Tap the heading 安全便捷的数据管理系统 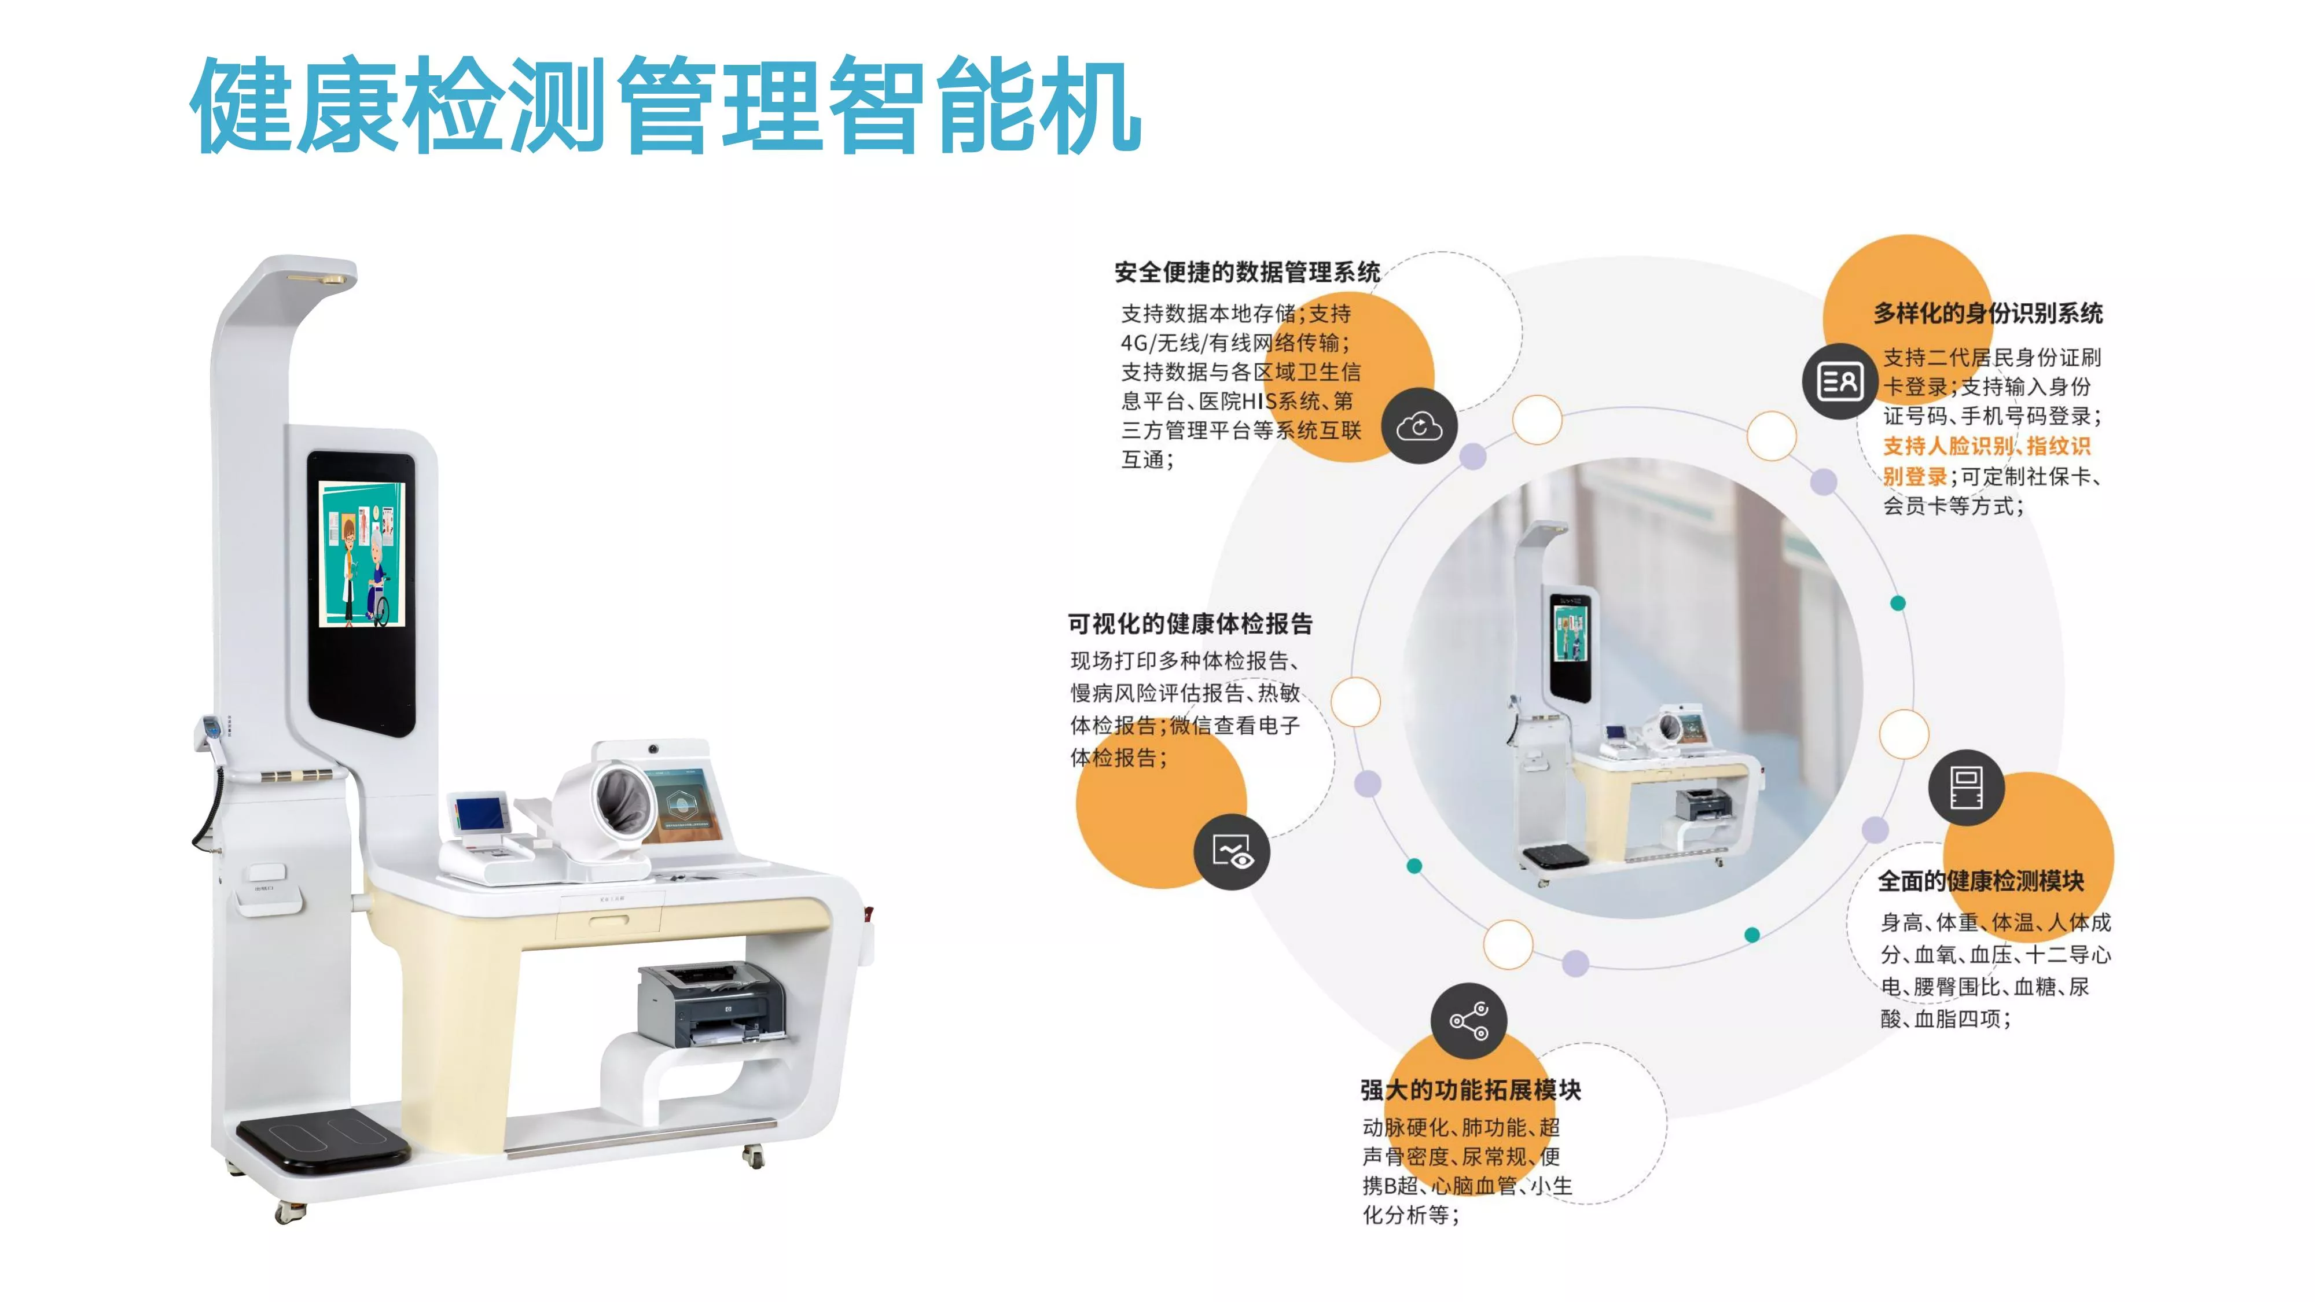[1247, 272]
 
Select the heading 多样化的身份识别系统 [1988, 314]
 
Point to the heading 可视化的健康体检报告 [1190, 624]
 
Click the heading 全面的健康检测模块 [1980, 881]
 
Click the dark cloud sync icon [1419, 426]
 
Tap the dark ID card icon [1840, 381]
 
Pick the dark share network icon [1468, 1021]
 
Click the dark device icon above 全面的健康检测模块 [1967, 787]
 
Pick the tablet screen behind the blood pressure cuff [685, 804]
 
